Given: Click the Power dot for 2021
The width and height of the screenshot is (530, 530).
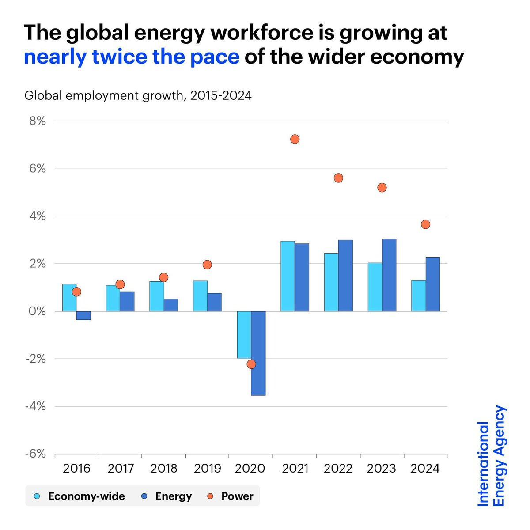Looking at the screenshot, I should pyautogui.click(x=295, y=139).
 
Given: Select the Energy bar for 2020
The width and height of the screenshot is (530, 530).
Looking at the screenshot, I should pyautogui.click(x=258, y=353).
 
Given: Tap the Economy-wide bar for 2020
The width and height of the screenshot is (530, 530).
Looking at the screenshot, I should pyautogui.click(x=244, y=334).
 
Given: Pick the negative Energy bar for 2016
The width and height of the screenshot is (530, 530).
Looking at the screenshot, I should pyautogui.click(x=83, y=315).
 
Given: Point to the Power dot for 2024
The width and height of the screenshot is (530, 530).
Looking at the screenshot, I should pyautogui.click(x=425, y=224).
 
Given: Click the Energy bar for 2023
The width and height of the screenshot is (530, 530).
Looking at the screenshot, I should pyautogui.click(x=389, y=275).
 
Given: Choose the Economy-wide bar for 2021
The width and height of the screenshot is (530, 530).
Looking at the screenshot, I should pyautogui.click(x=288, y=276).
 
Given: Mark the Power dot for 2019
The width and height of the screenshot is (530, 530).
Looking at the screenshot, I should pyautogui.click(x=207, y=265).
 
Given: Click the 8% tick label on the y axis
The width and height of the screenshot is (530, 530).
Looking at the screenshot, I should pyautogui.click(x=38, y=121).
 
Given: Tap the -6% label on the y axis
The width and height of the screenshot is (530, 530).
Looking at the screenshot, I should pyautogui.click(x=36, y=454).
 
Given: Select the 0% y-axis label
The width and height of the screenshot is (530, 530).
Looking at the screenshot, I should pyautogui.click(x=38, y=311).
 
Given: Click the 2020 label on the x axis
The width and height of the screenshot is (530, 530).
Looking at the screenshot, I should pyautogui.click(x=250, y=469).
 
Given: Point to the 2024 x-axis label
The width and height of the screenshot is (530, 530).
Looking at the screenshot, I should pyautogui.click(x=425, y=469).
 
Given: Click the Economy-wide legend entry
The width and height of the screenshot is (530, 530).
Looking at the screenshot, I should pyautogui.click(x=80, y=496).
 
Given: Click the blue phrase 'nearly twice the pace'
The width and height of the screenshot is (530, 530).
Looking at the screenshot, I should pyautogui.click(x=132, y=57).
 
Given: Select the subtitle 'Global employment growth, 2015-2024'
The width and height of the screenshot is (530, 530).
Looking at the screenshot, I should pyautogui.click(x=138, y=95).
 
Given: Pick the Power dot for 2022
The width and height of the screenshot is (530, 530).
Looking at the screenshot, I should pyautogui.click(x=338, y=178).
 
